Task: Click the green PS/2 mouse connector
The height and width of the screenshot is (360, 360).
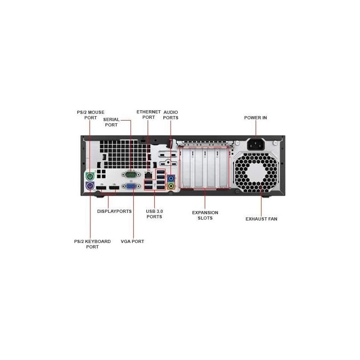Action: click(x=90, y=176)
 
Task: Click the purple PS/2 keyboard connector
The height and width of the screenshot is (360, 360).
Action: click(x=90, y=186)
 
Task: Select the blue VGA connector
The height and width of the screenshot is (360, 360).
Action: click(x=131, y=186)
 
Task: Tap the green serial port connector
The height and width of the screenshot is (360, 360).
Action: click(x=131, y=175)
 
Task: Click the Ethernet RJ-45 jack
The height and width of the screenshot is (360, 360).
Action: click(x=148, y=175)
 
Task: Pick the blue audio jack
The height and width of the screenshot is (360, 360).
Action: click(x=171, y=178)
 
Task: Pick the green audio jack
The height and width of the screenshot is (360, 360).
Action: click(x=171, y=185)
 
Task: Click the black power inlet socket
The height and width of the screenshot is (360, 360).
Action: click(x=256, y=144)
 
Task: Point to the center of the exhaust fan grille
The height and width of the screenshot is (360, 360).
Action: click(x=256, y=172)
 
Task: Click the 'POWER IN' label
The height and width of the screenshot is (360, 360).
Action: click(x=256, y=117)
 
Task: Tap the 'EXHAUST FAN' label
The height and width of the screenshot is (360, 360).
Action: click(x=261, y=219)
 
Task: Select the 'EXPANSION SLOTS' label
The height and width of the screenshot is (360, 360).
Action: click(x=205, y=216)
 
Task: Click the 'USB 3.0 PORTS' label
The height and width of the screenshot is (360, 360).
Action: click(x=154, y=214)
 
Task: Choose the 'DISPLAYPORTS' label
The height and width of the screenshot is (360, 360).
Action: click(x=114, y=211)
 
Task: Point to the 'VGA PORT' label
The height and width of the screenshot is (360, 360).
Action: click(x=132, y=242)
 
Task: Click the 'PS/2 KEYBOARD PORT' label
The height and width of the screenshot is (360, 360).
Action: click(x=92, y=244)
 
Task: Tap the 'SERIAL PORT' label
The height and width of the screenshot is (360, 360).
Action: click(x=111, y=122)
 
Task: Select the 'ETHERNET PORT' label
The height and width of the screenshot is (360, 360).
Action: click(x=148, y=115)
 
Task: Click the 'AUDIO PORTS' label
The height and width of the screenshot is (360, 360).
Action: click(x=171, y=115)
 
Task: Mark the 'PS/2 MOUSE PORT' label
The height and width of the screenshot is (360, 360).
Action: click(x=90, y=115)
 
